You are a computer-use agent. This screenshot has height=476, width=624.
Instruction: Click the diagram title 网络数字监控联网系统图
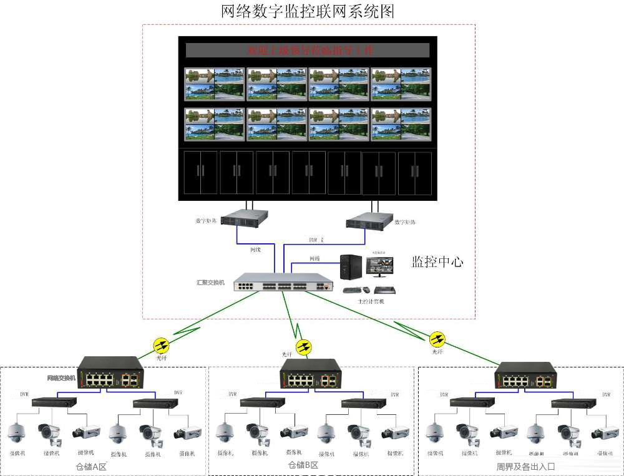(308, 11)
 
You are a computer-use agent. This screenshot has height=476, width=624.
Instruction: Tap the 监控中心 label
(437, 261)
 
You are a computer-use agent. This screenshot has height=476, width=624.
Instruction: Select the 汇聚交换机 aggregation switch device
(283, 283)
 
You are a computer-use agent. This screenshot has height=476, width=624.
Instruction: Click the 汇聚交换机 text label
(210, 283)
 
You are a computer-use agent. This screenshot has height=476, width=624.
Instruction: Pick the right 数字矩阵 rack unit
(369, 220)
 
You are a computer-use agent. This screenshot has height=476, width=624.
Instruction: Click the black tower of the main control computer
(351, 266)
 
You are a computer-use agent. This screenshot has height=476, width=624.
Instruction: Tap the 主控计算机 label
(371, 301)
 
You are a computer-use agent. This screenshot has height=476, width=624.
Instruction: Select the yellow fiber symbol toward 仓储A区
(161, 344)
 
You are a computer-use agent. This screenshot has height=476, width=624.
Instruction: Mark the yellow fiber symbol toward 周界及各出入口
(437, 339)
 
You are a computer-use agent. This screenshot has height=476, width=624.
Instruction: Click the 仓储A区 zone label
(92, 466)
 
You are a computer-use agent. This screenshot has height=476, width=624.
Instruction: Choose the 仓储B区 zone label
(303, 465)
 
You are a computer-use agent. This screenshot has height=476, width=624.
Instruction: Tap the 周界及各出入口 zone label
(525, 466)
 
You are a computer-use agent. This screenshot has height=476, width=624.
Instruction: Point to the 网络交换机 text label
(61, 378)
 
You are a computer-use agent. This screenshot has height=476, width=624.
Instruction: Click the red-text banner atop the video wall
(308, 50)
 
